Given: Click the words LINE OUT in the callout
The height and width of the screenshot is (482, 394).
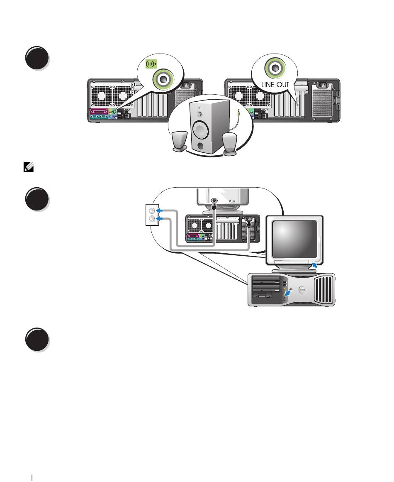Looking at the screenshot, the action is tap(275, 84).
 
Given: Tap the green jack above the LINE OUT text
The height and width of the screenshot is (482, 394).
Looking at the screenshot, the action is tap(275, 67).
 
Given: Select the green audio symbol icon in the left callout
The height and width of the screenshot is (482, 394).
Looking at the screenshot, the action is tap(151, 64).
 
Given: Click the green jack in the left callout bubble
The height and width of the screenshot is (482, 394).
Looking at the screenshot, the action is tap(163, 79).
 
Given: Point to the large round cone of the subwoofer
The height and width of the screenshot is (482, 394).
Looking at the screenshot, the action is tap(201, 129).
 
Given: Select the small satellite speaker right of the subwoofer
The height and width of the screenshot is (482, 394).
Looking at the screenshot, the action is tap(230, 144).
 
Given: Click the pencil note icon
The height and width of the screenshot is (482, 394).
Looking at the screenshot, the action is tap(29, 168).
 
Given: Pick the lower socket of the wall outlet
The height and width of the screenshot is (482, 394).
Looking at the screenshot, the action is tap(152, 218).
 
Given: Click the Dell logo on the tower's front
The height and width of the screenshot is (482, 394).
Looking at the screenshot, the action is tap(302, 289).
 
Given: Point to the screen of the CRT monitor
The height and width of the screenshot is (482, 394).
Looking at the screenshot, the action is tap(294, 239).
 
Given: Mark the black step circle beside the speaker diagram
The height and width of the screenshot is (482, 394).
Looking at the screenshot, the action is tap(37, 58).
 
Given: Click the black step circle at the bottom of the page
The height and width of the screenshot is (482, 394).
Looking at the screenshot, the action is tap(37, 340).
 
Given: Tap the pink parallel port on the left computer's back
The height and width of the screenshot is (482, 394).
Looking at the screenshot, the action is tap(98, 111).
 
